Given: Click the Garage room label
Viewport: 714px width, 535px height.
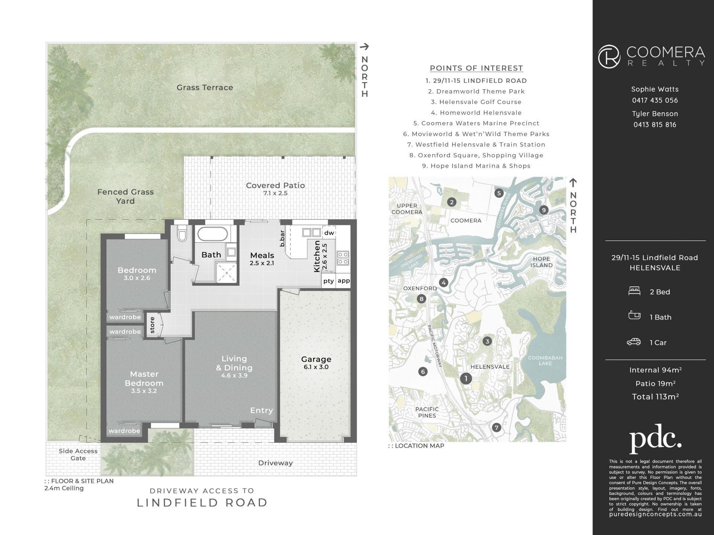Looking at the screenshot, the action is [316, 359].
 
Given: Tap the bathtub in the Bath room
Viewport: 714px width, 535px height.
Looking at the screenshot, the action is [212, 234].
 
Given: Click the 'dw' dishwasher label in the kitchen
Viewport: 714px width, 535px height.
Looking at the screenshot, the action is [329, 233].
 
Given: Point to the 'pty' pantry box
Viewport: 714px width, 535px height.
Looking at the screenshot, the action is [328, 281].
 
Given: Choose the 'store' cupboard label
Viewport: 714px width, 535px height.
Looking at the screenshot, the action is [152, 325].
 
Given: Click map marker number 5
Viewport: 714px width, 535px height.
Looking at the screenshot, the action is [499, 193].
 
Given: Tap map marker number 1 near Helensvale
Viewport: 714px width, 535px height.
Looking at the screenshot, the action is [466, 378].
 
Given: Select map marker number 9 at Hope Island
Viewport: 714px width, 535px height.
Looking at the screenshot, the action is [544, 210].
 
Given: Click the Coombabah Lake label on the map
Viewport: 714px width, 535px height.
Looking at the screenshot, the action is [545, 360].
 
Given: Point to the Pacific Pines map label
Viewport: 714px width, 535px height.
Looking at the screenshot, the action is [427, 412].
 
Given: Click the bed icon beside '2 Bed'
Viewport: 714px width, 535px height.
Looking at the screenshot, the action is [634, 291].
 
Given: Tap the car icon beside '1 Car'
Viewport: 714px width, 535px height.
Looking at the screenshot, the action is [634, 342].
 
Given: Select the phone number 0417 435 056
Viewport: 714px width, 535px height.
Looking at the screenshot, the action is [655, 100].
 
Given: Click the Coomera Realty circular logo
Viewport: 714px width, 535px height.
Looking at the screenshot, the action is [609, 57].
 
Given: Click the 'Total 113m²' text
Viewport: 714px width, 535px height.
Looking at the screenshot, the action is [655, 396].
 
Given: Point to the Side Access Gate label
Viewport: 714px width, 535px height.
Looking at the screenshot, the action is [78, 454].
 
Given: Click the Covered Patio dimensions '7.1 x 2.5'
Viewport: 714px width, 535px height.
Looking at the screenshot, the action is [275, 193].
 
